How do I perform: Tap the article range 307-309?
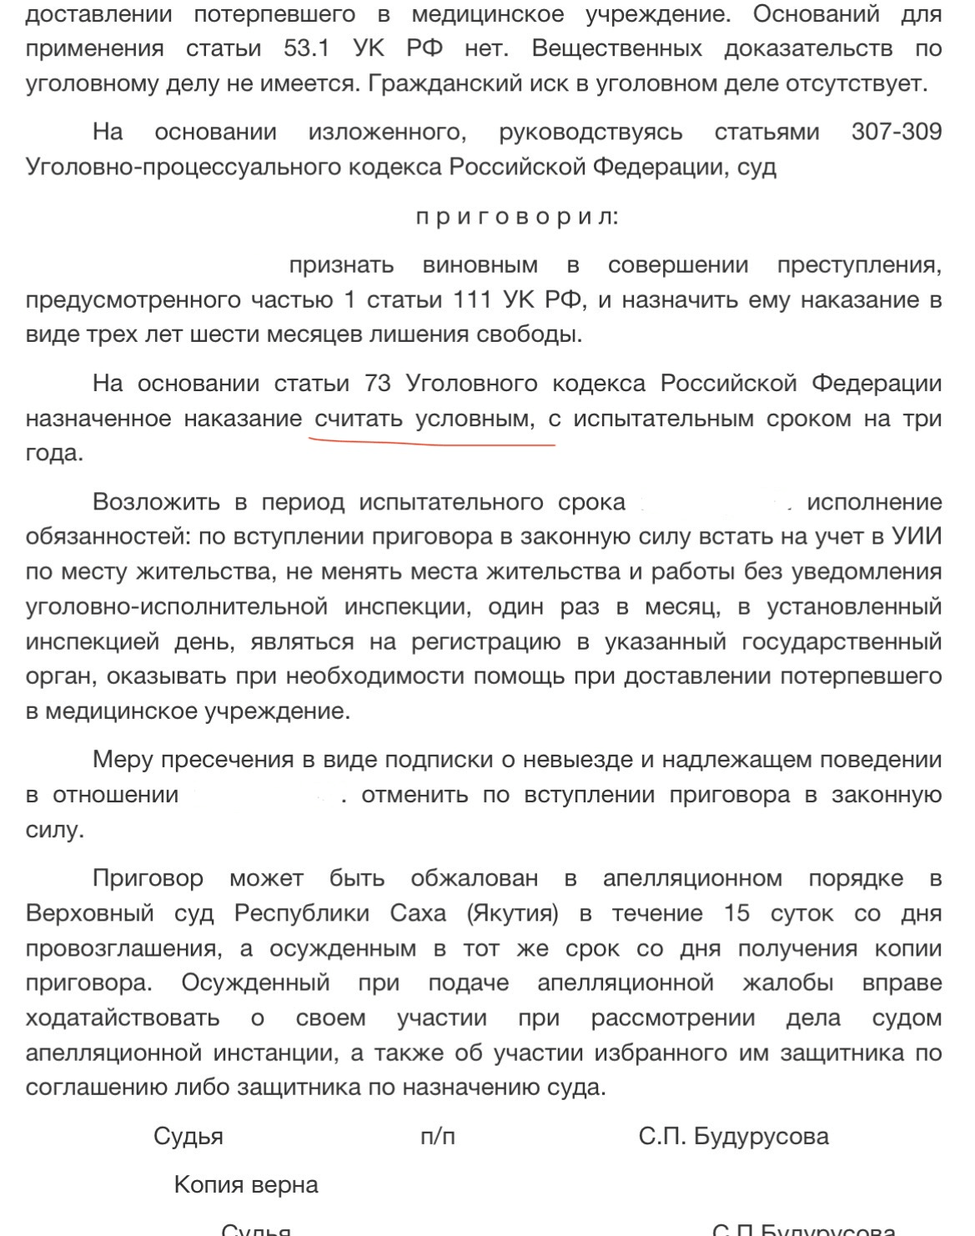click(897, 132)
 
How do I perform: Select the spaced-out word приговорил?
click(518, 218)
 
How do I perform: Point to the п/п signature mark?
click(438, 1136)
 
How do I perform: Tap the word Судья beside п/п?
click(188, 1136)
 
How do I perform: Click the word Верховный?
click(90, 913)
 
